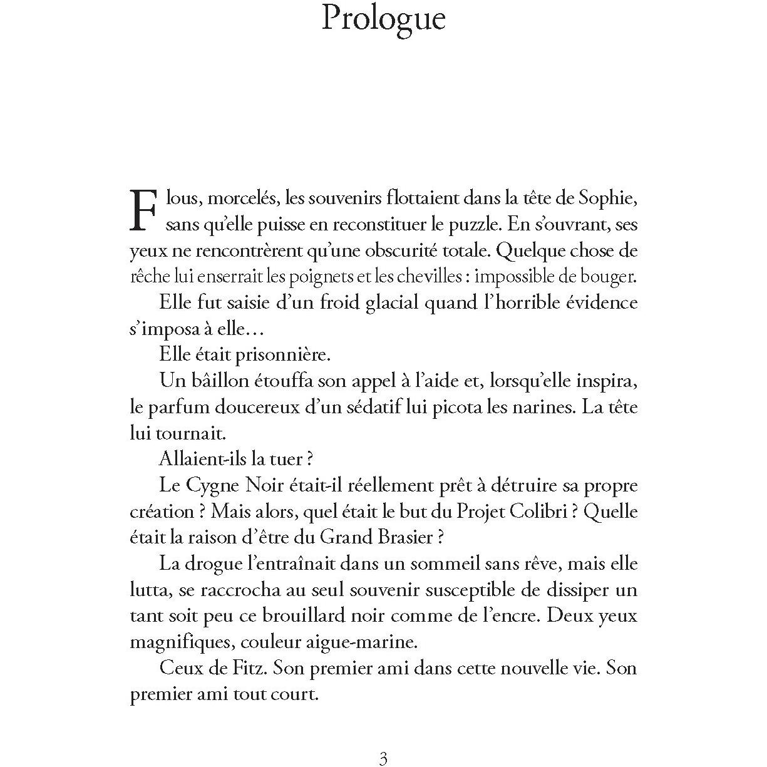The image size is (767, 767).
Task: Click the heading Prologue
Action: pos(383,19)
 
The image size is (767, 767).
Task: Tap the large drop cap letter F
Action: pos(143,209)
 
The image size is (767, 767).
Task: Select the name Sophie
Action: pos(608,198)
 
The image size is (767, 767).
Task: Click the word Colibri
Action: pos(533,512)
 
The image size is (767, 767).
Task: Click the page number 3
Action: pos(383,758)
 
